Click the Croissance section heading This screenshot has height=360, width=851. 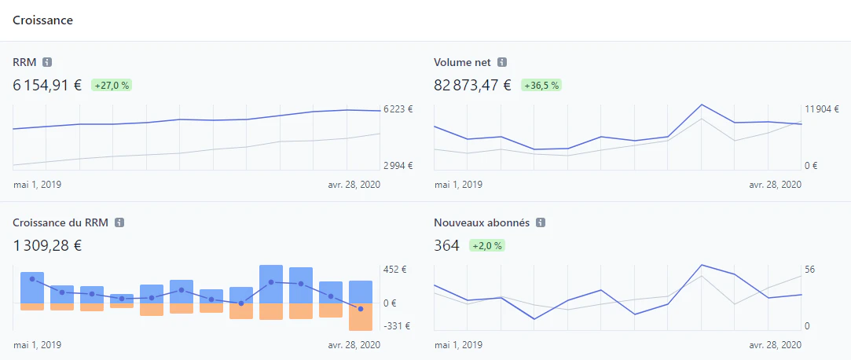[43, 20]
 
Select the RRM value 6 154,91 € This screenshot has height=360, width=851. [47, 85]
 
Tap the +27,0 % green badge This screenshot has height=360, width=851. [112, 85]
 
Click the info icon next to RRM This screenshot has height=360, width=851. [47, 62]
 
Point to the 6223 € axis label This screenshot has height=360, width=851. [398, 109]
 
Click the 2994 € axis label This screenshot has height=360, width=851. [398, 166]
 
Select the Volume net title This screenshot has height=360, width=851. [462, 62]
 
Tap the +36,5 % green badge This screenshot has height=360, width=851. [541, 85]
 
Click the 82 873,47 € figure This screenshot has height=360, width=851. [473, 85]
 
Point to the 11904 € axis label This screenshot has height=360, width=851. [822, 109]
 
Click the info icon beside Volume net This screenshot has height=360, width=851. [502, 62]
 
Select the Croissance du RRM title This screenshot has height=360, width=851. [61, 222]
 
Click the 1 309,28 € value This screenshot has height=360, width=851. [47, 246]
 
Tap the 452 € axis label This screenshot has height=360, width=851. [394, 270]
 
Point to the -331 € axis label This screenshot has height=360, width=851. [397, 326]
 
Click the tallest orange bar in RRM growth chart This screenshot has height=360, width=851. [361, 317]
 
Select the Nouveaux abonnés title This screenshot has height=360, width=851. [482, 222]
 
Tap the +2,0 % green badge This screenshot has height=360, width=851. [487, 246]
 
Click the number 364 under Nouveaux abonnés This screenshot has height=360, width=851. [446, 246]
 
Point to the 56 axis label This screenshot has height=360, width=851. [810, 270]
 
